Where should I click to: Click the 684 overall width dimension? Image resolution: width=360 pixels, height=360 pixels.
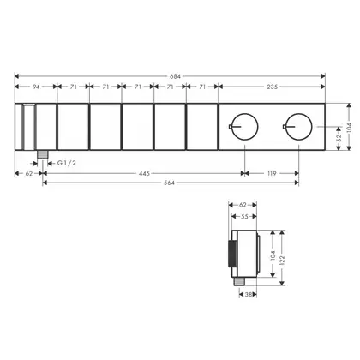[x=175, y=76]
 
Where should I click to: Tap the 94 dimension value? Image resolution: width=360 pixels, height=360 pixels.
[x=36, y=87]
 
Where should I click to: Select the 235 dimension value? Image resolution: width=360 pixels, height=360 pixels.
[x=272, y=87]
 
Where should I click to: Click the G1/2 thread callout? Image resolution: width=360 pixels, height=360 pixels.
[x=67, y=163]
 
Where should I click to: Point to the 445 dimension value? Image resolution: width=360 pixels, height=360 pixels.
[x=144, y=173]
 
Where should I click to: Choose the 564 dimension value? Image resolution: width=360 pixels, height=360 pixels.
[x=169, y=183]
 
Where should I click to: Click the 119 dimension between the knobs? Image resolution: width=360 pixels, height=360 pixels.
[x=272, y=173]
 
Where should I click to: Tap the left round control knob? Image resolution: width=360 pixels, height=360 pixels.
[x=245, y=127]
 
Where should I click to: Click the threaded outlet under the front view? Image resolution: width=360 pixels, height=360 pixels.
[x=42, y=154]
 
